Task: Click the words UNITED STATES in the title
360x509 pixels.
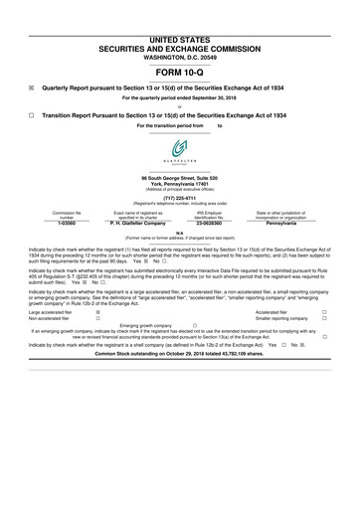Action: [180, 10]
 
